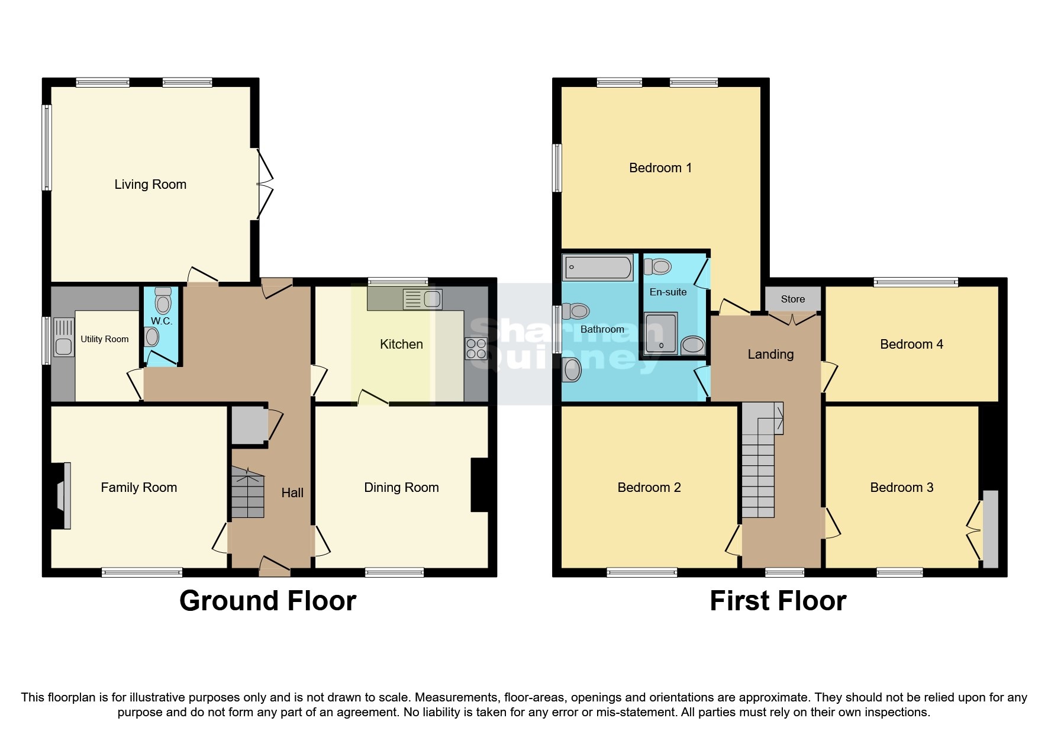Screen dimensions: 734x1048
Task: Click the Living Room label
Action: [150, 184]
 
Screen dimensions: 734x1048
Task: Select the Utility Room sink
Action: [63, 337]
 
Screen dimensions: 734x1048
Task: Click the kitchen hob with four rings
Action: [476, 348]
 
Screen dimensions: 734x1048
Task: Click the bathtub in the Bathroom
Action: [597, 267]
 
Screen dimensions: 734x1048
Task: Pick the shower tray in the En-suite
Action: [660, 333]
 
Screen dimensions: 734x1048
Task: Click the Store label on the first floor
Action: [792, 299]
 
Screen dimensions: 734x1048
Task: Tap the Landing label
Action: [770, 354]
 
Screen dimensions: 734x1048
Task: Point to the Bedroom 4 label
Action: [911, 344]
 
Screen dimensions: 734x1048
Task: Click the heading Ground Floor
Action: [267, 601]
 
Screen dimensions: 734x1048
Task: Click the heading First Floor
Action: [778, 601]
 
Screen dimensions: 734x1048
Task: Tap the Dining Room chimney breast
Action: [479, 484]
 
